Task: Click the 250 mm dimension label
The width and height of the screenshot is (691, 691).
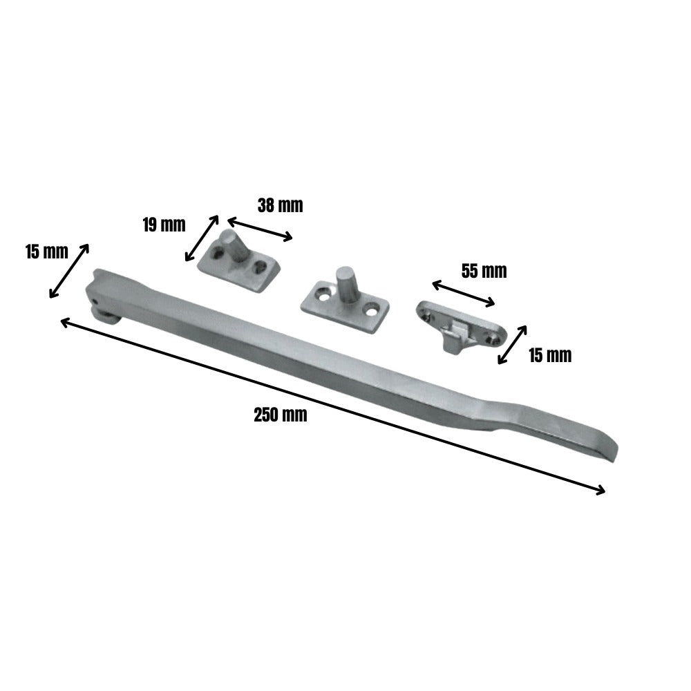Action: (280, 415)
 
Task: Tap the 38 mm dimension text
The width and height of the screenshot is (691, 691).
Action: (280, 205)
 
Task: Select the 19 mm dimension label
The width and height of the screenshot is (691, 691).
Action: (164, 225)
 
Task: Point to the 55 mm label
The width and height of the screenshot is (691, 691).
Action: (484, 271)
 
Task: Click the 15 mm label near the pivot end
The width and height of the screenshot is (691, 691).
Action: (46, 252)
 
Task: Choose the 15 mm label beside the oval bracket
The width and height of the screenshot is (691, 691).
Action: (550, 355)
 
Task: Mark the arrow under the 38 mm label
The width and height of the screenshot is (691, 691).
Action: (260, 229)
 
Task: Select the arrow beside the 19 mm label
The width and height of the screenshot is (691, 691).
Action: (202, 238)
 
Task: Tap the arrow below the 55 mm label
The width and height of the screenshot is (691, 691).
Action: (463, 293)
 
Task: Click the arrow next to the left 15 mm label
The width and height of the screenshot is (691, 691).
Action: (69, 271)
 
